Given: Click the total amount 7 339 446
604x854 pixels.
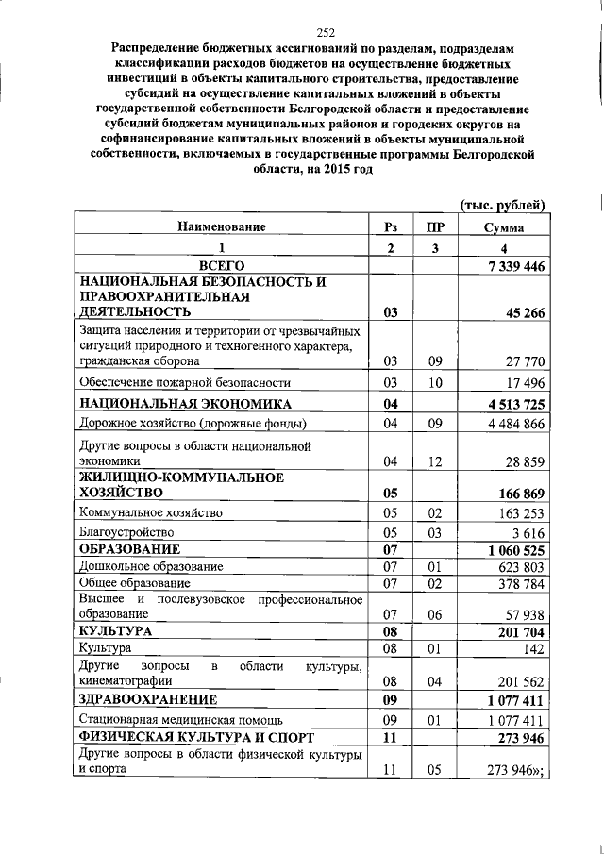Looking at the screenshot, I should pos(515,267).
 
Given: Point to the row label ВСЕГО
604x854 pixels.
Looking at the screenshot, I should pos(222,267).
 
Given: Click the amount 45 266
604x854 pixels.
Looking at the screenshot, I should pos(524,313).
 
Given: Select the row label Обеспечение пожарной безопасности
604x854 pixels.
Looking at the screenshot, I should pos(184,382).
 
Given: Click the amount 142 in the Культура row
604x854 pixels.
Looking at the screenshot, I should pos(536,649).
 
